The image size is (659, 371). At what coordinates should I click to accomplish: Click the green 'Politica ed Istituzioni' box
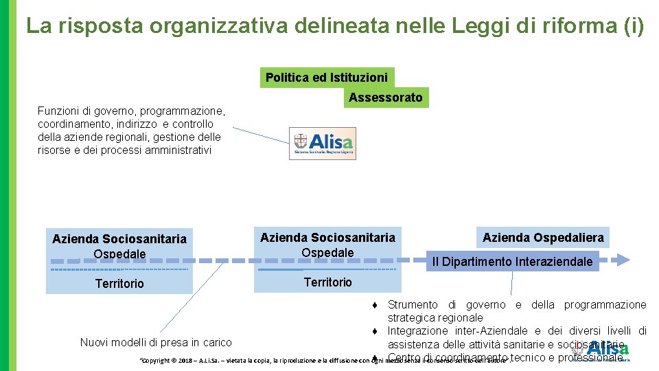(327, 78)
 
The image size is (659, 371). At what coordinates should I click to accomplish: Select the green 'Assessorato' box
(385, 98)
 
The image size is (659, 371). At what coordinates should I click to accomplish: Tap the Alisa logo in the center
(322, 143)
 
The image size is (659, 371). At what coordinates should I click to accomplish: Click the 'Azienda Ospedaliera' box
(543, 238)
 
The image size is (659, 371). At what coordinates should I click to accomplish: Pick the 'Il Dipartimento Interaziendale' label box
(512, 262)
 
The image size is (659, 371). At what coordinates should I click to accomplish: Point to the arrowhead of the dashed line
(623, 260)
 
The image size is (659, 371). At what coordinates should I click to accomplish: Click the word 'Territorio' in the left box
(119, 284)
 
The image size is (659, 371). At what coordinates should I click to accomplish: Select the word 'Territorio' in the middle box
(327, 282)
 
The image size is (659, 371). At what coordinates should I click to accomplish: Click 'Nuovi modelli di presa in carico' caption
(156, 342)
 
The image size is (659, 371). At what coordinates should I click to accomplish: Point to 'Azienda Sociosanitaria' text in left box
(119, 239)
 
